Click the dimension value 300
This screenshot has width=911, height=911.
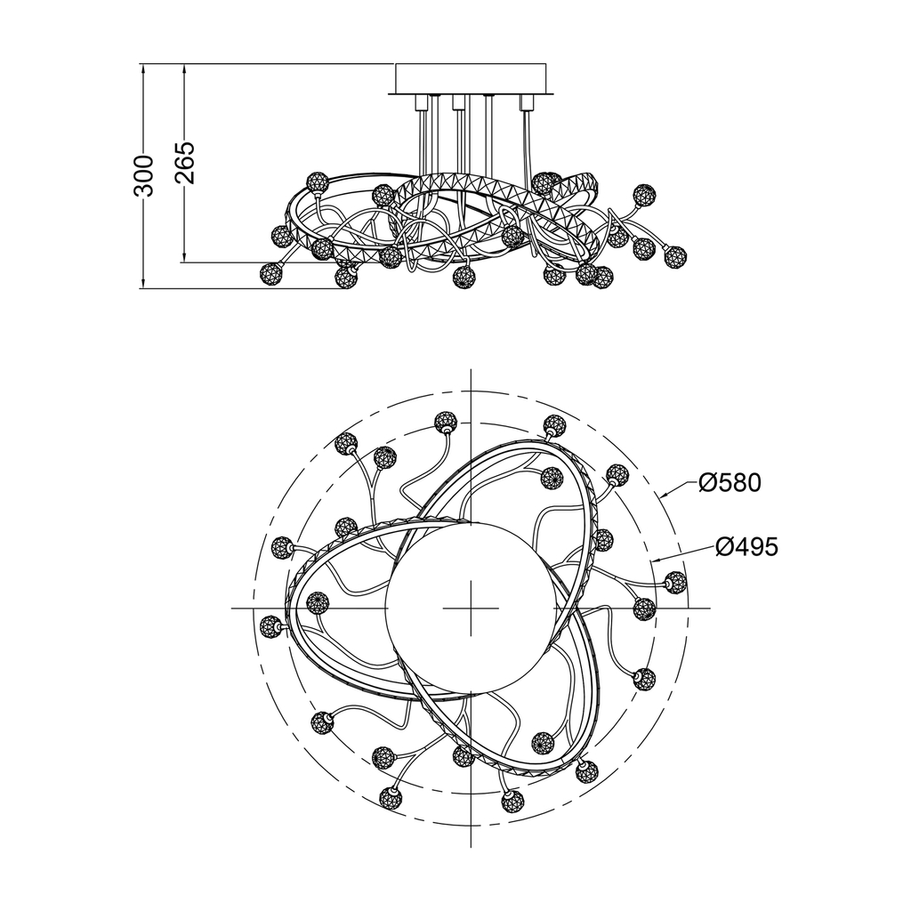point(143,175)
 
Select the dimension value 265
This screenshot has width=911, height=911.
point(185,163)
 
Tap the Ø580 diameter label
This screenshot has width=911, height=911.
point(730,482)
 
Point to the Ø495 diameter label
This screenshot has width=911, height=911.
point(746,546)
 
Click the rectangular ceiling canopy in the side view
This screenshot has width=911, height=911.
point(471,78)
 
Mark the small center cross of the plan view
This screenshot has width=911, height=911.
point(471,609)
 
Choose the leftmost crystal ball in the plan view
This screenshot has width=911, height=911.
point(269,627)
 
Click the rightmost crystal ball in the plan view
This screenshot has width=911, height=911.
point(675,583)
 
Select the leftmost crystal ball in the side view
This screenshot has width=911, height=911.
point(270,272)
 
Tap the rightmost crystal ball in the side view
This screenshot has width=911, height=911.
point(675,255)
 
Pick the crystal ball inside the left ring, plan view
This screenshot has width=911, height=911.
point(317,604)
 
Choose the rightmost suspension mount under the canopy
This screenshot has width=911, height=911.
point(527,102)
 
